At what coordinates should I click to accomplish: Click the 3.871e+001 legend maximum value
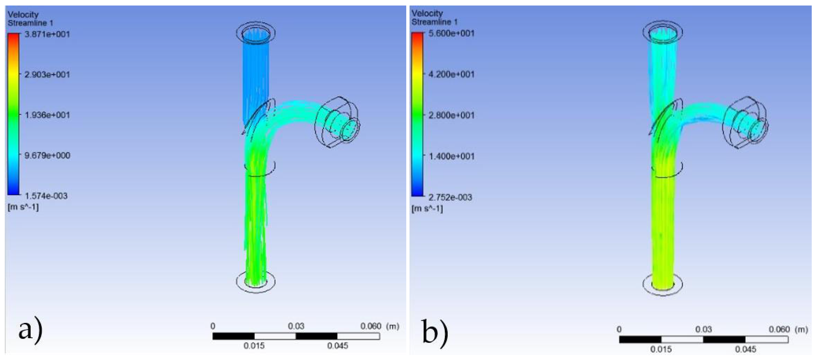[47, 34]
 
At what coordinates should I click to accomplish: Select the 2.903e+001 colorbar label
[47, 74]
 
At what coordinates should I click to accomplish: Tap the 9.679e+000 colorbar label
[47, 155]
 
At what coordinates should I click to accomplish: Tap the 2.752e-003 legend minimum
[450, 197]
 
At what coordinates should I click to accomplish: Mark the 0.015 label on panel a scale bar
[254, 346]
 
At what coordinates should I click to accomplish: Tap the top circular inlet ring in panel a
[256, 32]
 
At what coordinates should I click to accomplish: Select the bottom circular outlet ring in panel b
[662, 284]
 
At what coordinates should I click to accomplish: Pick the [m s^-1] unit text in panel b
[427, 208]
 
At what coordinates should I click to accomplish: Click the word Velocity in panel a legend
[23, 14]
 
